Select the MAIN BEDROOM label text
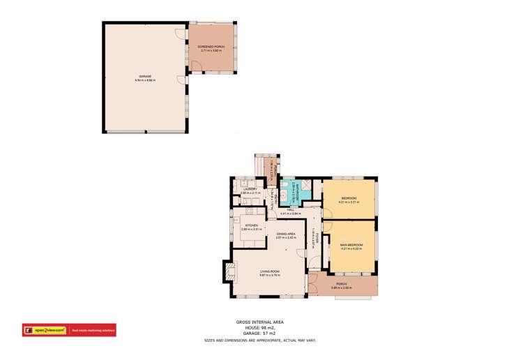click(x=351, y=245)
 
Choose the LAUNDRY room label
click(x=250, y=188)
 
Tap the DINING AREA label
click(x=286, y=234)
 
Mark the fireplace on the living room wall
click(x=228, y=270)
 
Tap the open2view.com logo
click(x=45, y=330)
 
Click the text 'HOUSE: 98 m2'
click(x=259, y=327)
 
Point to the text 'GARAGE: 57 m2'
click(x=259, y=333)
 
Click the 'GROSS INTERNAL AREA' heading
click(x=259, y=322)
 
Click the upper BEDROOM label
click(x=349, y=199)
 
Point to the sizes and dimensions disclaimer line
click(x=259, y=340)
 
